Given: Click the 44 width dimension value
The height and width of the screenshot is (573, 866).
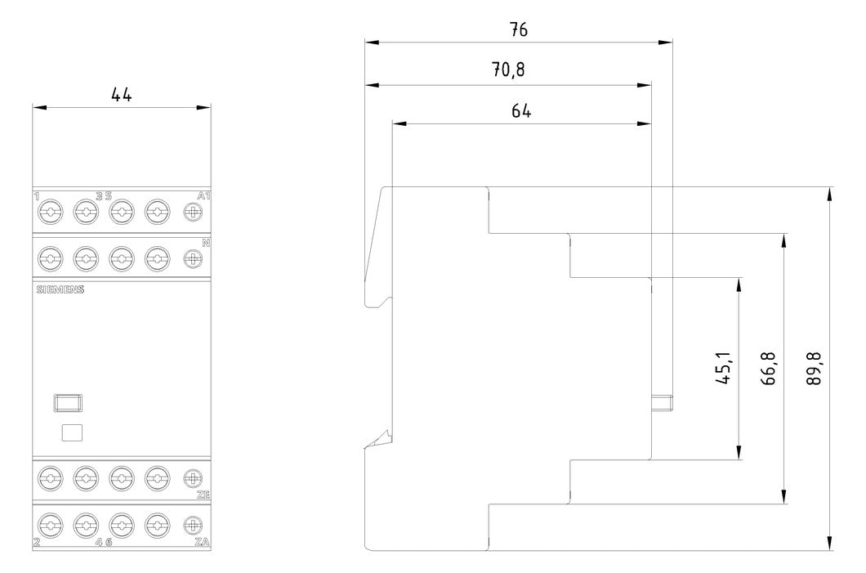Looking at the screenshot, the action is tap(122, 95).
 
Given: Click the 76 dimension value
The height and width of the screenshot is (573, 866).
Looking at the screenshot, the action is tap(519, 29).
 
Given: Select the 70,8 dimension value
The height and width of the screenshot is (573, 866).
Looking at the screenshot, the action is tap(508, 69).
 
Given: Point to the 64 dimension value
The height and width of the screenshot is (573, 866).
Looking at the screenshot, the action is tap(520, 110).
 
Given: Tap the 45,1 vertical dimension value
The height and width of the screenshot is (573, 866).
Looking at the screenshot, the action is tap(723, 368).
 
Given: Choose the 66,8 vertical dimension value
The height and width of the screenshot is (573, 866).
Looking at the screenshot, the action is tap(770, 369).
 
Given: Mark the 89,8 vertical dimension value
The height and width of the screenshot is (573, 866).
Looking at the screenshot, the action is tap(813, 369).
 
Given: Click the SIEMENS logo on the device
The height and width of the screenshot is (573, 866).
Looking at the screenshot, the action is tap(60, 289).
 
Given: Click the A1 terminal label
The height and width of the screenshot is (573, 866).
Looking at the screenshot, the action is tap(203, 195).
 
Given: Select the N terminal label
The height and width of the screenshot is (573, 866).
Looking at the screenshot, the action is tap(206, 243).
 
